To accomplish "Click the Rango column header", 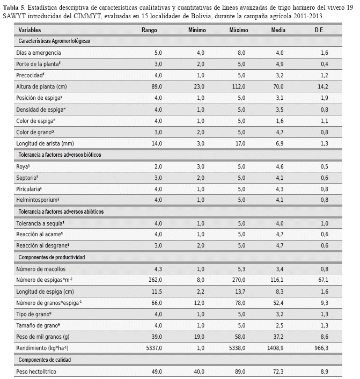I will point(149,30).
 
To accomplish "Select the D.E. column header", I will point(320,30).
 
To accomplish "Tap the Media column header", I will point(278,30).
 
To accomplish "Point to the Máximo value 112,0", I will point(239,86).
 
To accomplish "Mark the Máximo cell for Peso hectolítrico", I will point(239,371).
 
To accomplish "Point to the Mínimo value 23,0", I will point(198,86).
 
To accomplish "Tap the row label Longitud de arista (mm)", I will point(45,143).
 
